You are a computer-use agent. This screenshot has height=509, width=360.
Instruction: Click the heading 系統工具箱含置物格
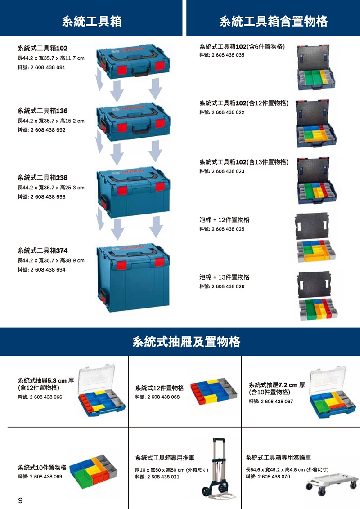point(273,21)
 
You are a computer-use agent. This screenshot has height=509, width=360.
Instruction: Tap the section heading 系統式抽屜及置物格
point(186,342)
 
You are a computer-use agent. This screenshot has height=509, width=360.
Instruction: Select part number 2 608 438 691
point(41,67)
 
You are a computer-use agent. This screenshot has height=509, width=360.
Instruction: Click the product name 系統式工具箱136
point(42,111)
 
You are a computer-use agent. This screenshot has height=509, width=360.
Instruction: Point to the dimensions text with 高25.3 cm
point(50,188)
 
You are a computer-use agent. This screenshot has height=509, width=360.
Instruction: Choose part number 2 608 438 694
point(41,270)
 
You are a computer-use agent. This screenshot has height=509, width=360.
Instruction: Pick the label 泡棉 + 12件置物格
point(224,220)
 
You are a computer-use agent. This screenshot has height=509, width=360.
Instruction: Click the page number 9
point(20,500)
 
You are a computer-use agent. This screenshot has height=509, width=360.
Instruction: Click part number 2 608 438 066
point(40,397)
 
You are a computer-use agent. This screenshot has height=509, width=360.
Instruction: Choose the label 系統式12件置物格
point(159,388)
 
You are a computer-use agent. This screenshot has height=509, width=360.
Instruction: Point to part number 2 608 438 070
point(268,477)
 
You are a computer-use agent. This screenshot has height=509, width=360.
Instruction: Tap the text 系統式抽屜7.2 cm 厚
point(277,385)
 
